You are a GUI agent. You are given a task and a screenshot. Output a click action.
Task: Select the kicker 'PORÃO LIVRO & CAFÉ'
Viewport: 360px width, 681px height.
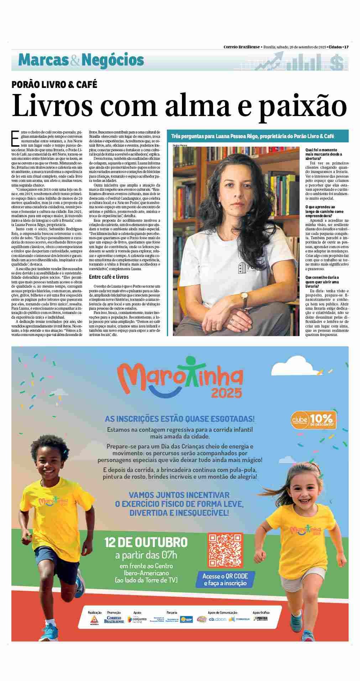tap(54, 84)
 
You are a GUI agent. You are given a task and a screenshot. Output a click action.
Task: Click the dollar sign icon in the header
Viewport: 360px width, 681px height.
tap(336, 63)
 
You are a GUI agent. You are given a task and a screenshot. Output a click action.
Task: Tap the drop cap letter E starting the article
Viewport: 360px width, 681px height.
tap(15, 138)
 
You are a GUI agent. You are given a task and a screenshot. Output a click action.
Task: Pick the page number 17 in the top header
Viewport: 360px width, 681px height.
tap(346, 47)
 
